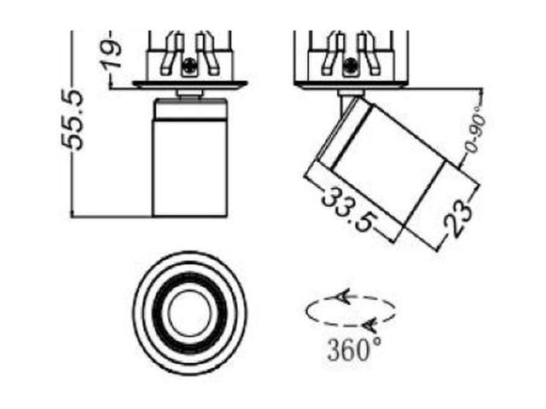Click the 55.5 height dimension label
click(x=73, y=120)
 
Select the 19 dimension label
click(x=111, y=54)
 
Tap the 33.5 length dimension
click(x=349, y=210)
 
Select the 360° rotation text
click(x=354, y=350)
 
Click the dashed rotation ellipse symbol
click(x=351, y=311)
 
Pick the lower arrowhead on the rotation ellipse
click(x=369, y=325)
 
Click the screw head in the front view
click(x=189, y=65)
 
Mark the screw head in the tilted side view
click(x=350, y=65)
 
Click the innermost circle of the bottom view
click(x=189, y=312)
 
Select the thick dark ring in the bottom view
click(x=189, y=312)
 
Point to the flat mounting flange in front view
click(x=189, y=84)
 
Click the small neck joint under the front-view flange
click(x=189, y=94)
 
